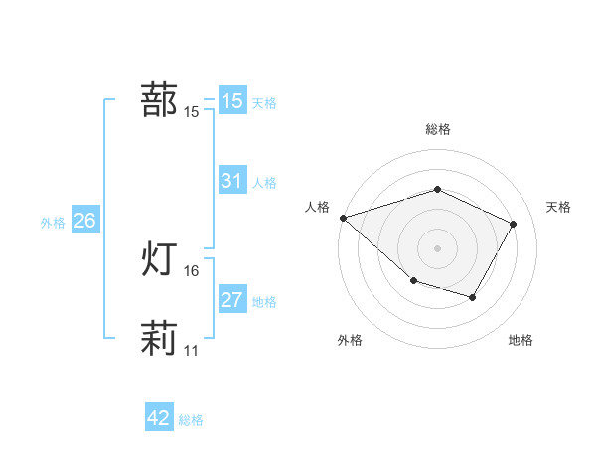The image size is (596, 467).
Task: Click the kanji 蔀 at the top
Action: [x=159, y=100]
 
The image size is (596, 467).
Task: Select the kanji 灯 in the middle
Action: [x=159, y=259]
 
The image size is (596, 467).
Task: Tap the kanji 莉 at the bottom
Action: [x=159, y=338]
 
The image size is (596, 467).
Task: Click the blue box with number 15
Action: [x=231, y=101]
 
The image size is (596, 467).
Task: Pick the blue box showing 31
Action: [x=231, y=181]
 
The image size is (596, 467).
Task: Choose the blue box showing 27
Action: [x=231, y=300]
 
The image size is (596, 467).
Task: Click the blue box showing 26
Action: [x=84, y=221]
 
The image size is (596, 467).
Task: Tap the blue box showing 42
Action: [x=159, y=418]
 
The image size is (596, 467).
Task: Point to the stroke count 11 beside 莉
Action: [x=192, y=351]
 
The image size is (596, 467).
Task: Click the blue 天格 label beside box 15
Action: [x=264, y=103]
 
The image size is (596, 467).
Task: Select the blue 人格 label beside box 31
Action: [x=264, y=183]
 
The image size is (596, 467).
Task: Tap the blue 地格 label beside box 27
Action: [x=264, y=302]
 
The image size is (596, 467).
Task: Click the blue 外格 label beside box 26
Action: [x=53, y=223]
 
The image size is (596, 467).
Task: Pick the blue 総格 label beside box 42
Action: [x=191, y=420]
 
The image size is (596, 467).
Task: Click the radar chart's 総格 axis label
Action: [x=438, y=129]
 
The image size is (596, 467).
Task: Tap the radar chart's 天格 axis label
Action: [x=559, y=207]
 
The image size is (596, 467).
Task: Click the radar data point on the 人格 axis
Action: [x=343, y=217]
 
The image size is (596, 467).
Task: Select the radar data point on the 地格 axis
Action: [x=473, y=297]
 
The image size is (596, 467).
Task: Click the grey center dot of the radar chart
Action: [x=438, y=247]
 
